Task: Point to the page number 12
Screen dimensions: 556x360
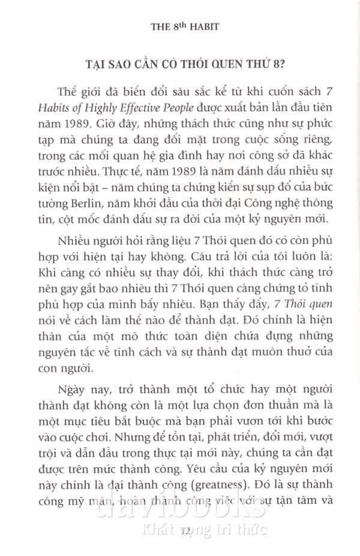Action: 184,528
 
